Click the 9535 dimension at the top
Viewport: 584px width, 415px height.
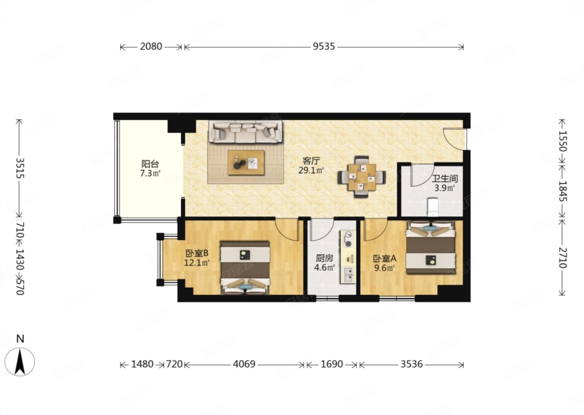click(x=324, y=46)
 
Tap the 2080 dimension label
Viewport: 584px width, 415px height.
click(x=151, y=46)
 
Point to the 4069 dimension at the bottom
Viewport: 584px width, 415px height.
click(x=244, y=364)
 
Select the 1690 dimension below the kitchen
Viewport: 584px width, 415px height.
click(x=332, y=364)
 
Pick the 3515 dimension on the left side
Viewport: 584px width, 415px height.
click(x=20, y=168)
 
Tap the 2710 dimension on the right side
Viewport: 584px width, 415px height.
click(x=563, y=258)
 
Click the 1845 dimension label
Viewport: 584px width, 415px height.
click(x=563, y=191)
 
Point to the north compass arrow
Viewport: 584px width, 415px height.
click(x=20, y=362)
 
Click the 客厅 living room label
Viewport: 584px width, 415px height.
click(x=311, y=161)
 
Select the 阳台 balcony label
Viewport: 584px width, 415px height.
click(x=150, y=164)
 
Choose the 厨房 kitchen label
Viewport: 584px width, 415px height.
click(x=324, y=259)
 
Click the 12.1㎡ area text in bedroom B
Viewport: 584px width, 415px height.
click(x=197, y=263)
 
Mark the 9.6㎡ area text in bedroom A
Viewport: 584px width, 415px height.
click(x=384, y=268)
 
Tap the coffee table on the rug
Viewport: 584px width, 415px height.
click(x=246, y=163)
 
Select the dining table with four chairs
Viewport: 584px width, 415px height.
click(x=362, y=177)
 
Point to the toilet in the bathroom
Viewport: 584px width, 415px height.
click(x=434, y=207)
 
